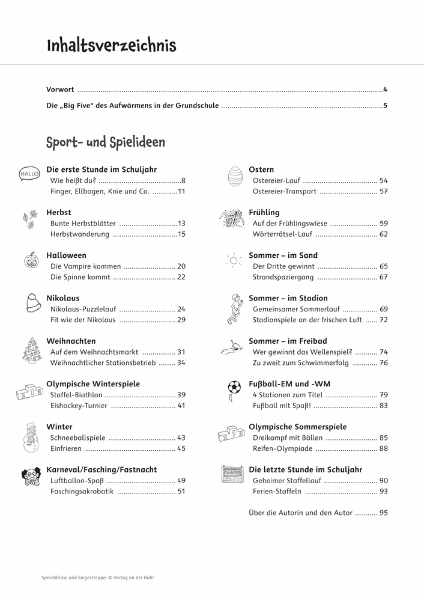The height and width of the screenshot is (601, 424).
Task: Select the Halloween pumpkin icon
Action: click(29, 260)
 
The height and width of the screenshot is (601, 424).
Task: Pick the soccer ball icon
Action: click(234, 388)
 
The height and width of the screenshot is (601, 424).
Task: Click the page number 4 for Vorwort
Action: click(385, 90)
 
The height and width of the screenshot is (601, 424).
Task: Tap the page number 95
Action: click(383, 513)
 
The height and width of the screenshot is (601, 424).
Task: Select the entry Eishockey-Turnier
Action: click(79, 406)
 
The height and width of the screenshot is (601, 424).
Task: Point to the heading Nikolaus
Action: click(62, 298)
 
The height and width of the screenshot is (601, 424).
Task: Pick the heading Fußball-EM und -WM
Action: click(289, 383)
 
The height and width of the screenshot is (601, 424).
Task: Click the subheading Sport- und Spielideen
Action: click(105, 142)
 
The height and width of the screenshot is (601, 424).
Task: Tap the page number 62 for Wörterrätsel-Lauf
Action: click(383, 234)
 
